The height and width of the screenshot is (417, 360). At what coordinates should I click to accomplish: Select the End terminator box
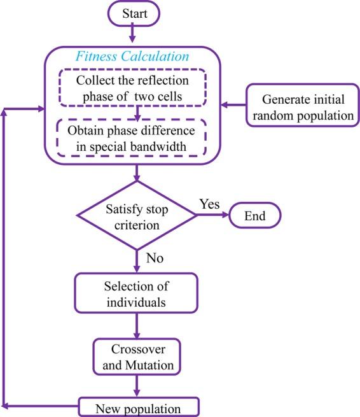254,217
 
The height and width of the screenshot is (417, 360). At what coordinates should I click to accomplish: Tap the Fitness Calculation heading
132,56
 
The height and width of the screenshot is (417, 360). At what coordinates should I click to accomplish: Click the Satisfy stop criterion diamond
137,217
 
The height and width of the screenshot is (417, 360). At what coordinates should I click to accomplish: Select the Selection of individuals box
137,293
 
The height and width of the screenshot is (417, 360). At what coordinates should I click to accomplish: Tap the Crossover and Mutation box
137,359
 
